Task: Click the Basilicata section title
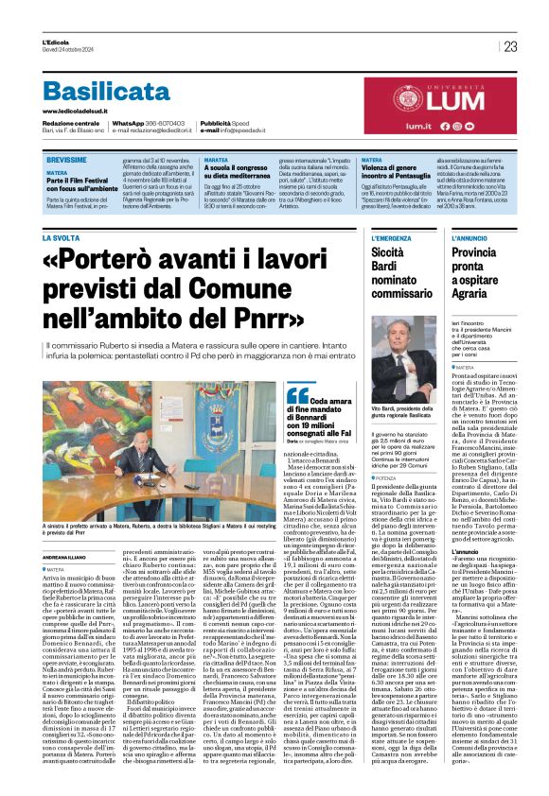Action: pyautogui.click(x=119, y=92)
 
